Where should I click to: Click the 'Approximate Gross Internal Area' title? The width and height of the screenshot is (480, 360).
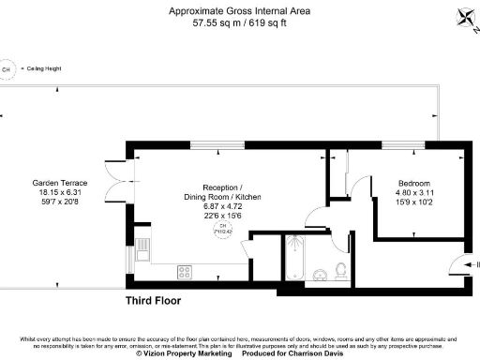click(x=240, y=11)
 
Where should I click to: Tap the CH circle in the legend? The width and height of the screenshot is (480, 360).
click(x=7, y=69)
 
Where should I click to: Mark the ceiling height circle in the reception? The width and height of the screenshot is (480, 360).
click(x=222, y=231)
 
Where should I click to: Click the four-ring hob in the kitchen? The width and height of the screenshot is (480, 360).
click(x=185, y=272)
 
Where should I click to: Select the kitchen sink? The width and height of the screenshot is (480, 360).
click(x=142, y=250)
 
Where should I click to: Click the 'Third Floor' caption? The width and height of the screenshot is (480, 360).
click(x=153, y=301)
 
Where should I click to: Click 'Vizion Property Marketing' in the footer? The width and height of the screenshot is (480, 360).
click(x=185, y=354)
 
